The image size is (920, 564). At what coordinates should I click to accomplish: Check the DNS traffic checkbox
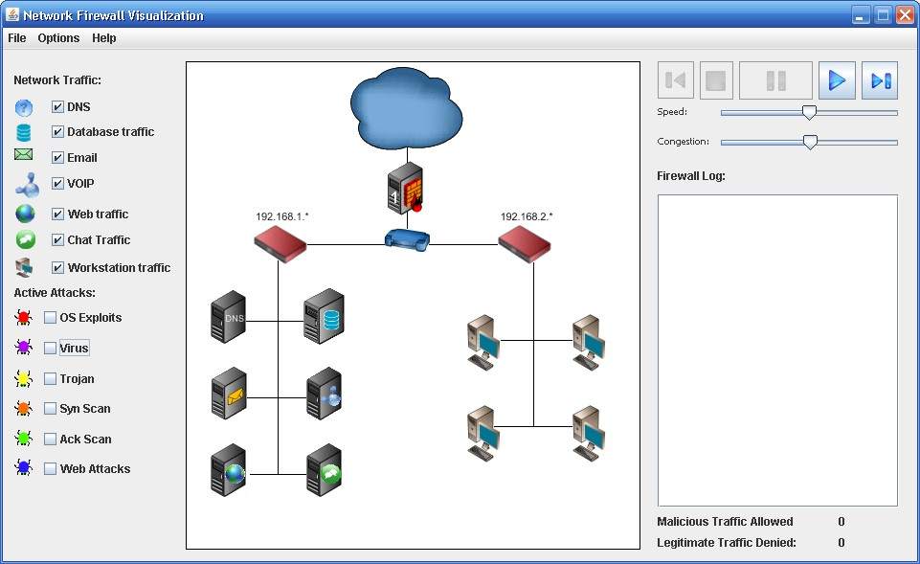coord(57,107)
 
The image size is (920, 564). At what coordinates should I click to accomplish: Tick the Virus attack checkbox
coord(50,349)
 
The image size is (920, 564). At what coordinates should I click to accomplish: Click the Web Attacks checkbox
coord(50,469)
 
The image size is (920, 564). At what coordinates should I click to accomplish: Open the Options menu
coord(58,38)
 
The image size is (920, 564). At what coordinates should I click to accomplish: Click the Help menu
coord(104,38)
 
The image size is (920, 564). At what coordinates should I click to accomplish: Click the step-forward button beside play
coord(880,80)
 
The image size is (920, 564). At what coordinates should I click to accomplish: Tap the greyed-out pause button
coord(775,80)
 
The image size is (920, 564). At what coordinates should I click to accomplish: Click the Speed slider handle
coord(809,112)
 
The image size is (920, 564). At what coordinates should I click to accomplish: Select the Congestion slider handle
coord(810,142)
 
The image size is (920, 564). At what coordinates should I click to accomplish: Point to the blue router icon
coord(407,239)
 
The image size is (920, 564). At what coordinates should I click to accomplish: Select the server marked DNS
coord(229,318)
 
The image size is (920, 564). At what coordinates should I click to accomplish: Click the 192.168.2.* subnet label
coord(527,216)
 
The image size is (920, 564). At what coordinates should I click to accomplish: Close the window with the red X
coord(905,14)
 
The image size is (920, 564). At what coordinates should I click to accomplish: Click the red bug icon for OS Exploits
coord(24,318)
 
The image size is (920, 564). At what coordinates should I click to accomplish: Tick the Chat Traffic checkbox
coord(57,240)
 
